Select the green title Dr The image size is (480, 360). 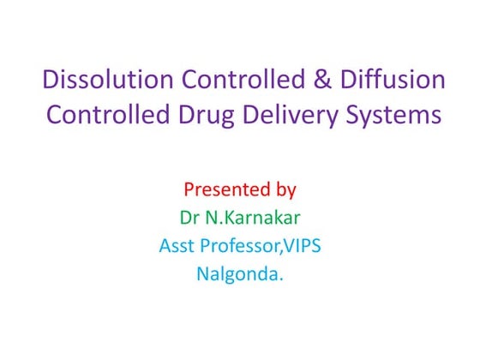pyautogui.click(x=189, y=216)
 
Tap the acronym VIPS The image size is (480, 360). pyautogui.click(x=303, y=245)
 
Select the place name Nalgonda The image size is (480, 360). pyautogui.click(x=237, y=275)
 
